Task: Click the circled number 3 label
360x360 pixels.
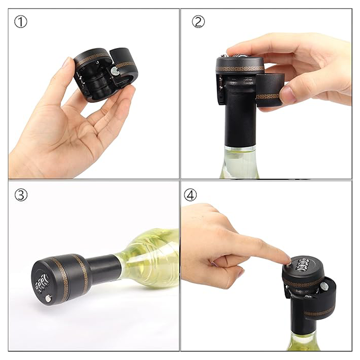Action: click(21, 195)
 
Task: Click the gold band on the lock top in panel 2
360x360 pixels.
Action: click(240, 68)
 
